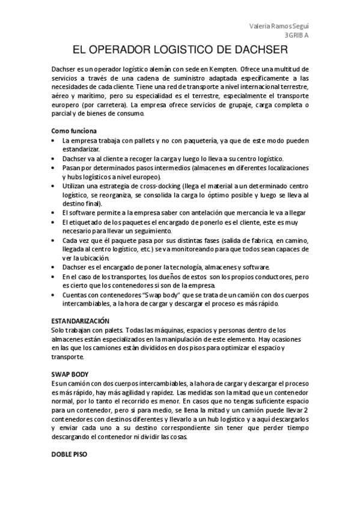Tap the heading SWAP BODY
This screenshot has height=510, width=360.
coord(70,373)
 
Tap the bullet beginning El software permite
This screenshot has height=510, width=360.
coord(53,213)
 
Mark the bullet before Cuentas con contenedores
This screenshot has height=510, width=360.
coord(53,295)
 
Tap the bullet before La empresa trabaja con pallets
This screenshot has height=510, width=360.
coord(53,140)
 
